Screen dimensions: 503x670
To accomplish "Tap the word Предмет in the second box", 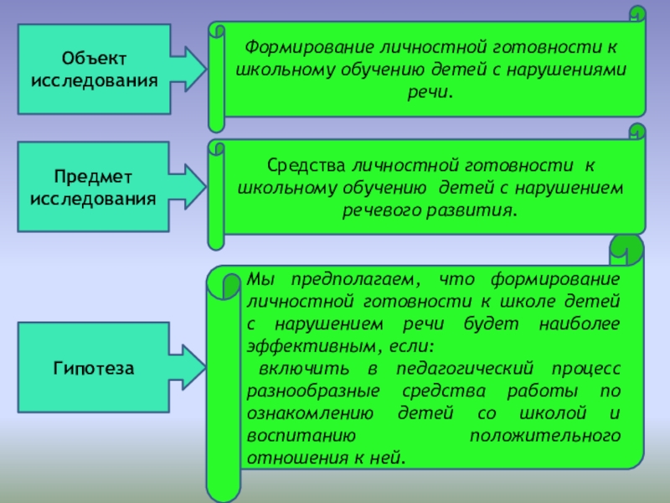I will (93, 179).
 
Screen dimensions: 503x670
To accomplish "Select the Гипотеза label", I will (94, 367).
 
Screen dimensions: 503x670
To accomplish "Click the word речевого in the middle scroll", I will (379, 210).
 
